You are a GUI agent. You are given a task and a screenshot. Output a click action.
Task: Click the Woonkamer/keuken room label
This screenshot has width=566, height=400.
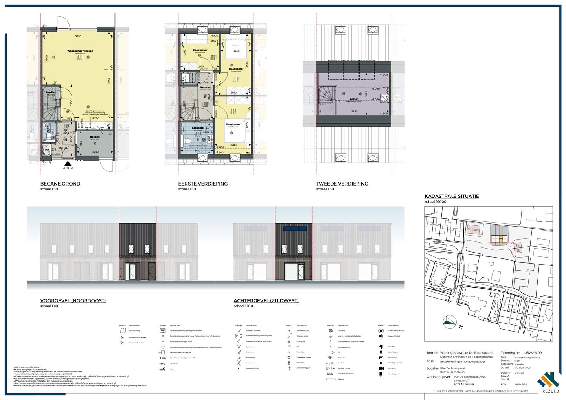[x=80, y=51]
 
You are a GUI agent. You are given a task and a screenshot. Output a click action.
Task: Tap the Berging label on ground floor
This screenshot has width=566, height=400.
[x=95, y=137]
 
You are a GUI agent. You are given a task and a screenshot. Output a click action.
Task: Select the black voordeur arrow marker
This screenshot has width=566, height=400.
[x=68, y=163]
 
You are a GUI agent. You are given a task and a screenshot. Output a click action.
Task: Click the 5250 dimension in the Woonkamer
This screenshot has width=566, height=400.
[x=78, y=36]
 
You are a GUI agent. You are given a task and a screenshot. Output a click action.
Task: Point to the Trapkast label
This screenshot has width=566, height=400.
[x=51, y=92]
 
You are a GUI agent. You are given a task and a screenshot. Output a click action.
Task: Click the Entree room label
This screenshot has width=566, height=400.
[x=63, y=148]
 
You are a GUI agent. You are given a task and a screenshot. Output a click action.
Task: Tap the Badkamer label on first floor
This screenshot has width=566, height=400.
[x=198, y=128]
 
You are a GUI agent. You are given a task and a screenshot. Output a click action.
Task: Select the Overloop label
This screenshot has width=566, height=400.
[x=206, y=87]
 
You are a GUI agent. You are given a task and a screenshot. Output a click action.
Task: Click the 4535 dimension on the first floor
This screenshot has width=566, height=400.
[x=247, y=64]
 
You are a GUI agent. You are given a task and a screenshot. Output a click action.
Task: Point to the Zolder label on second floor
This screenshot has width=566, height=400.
[x=354, y=99]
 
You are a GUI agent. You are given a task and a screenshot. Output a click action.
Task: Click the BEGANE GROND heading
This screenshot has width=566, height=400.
[x=60, y=184]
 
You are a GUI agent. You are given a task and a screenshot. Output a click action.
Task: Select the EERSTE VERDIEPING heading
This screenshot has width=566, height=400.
[x=203, y=184]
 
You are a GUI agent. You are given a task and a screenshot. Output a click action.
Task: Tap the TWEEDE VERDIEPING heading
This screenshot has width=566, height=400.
[x=342, y=184]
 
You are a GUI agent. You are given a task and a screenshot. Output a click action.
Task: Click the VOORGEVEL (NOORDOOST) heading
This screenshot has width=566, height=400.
[x=73, y=300]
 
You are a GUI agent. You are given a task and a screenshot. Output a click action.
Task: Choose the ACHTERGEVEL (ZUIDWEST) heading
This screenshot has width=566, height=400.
[x=266, y=300]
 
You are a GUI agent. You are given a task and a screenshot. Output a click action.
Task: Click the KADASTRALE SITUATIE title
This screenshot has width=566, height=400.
[x=452, y=196]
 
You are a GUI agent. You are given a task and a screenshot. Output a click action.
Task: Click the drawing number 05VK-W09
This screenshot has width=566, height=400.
[x=533, y=353]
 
